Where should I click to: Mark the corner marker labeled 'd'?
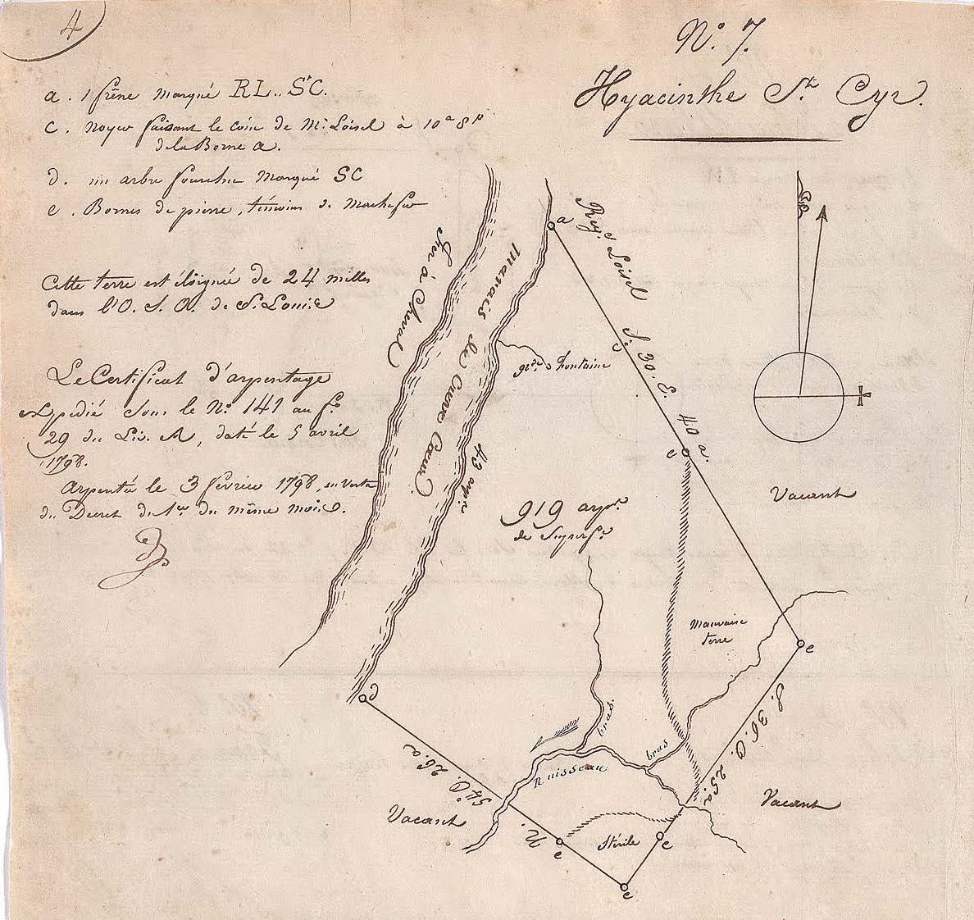click(363, 699)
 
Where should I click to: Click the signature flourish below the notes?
click(131, 558)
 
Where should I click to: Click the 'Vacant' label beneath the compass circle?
click(813, 494)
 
